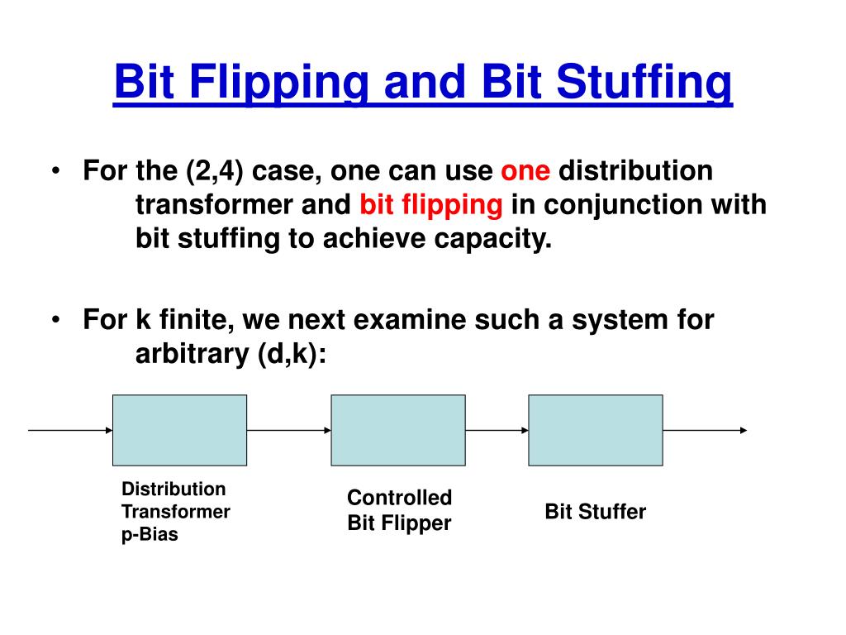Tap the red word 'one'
pos(525,171)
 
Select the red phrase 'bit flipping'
pos(431,205)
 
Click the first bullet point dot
pos(55,172)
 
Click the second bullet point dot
pos(55,320)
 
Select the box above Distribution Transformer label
pos(179,430)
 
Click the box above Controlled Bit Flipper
pos(398,430)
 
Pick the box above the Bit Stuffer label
pos(595,430)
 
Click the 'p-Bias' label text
pos(150,535)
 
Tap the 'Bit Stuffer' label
pos(595,512)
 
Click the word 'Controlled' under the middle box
pos(399,498)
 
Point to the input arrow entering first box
pos(70,430)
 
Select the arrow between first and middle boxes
pos(288,430)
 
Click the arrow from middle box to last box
pos(497,430)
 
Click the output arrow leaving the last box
pos(705,430)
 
